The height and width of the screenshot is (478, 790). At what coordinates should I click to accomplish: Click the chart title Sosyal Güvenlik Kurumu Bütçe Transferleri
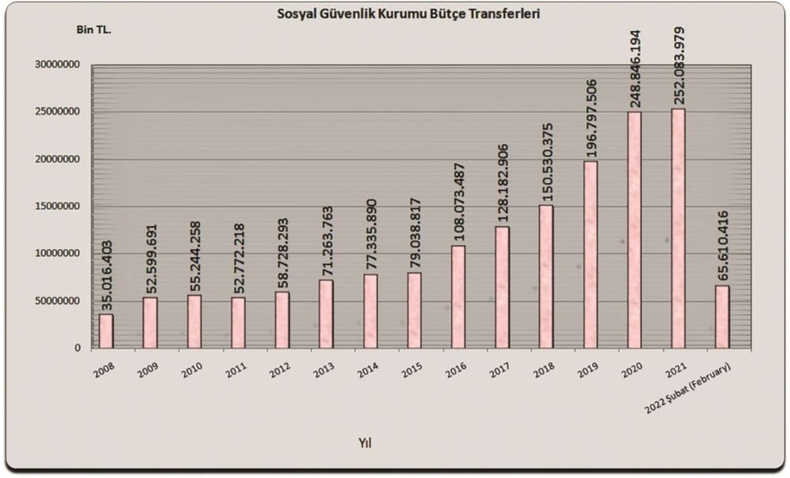pos(408,14)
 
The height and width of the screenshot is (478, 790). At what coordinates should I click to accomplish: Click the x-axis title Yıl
pos(363,443)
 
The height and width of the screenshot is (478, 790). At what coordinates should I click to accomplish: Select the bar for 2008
pos(106,330)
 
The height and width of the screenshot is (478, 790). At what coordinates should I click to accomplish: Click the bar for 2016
pos(457,297)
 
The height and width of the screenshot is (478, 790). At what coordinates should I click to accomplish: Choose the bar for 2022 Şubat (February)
pos(722,316)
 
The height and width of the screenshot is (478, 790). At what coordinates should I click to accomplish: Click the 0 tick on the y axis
pos(77,348)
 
